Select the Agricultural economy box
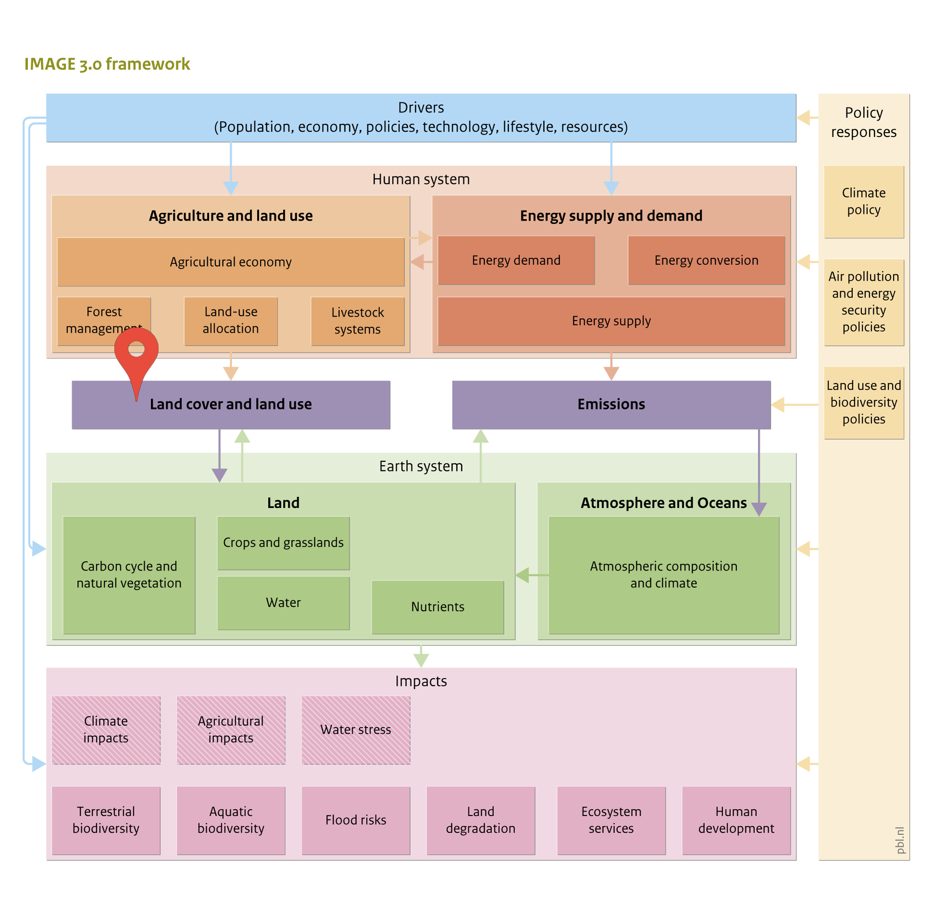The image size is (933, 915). click(x=231, y=262)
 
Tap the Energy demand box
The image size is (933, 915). click(x=516, y=260)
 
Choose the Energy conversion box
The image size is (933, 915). click(x=706, y=260)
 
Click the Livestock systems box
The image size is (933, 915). click(x=357, y=321)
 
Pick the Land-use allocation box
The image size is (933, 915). click(x=231, y=321)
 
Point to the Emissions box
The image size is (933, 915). click(x=611, y=405)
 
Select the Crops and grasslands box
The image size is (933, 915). click(x=283, y=543)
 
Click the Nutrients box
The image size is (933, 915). click(x=438, y=607)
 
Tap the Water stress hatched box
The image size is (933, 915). click(x=356, y=730)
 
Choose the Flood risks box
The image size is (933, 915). click(x=356, y=820)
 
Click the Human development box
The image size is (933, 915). click(x=736, y=820)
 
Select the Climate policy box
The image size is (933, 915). click(x=864, y=202)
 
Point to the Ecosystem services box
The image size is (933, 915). click(x=611, y=820)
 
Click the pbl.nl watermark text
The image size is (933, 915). click(x=900, y=840)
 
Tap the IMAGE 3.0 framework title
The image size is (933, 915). click(x=107, y=64)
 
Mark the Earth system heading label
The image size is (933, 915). click(x=421, y=466)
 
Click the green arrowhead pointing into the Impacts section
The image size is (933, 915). click(x=421, y=660)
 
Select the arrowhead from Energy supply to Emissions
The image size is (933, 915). click(x=611, y=373)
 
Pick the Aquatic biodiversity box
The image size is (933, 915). click(x=231, y=820)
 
